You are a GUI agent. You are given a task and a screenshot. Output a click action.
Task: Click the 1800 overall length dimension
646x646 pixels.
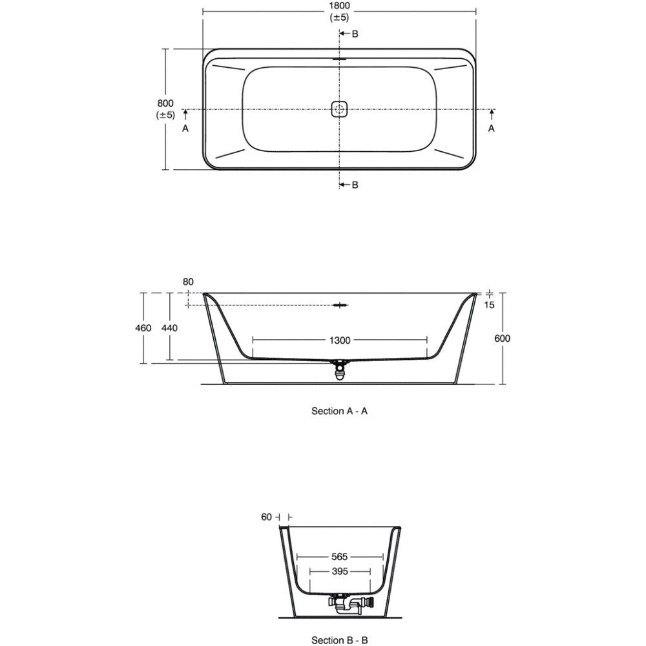pos(340,6)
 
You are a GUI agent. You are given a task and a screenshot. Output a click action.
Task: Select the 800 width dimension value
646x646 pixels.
pos(165,103)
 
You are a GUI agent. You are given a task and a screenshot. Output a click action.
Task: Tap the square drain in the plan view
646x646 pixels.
pos(340,109)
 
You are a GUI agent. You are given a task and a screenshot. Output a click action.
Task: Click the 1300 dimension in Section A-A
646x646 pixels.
pos(340,340)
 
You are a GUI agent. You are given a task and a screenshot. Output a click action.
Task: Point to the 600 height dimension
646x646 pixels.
pos(502,339)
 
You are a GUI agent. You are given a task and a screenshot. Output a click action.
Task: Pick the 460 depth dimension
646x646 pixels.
pos(143,328)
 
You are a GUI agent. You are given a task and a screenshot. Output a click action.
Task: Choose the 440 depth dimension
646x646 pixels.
pos(169,328)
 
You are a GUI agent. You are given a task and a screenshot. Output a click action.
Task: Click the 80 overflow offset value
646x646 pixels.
pos(188,282)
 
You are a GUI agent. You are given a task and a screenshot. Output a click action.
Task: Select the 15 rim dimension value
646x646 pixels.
pos(489,305)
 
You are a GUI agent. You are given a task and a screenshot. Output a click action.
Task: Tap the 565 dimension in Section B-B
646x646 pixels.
pos(340,557)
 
